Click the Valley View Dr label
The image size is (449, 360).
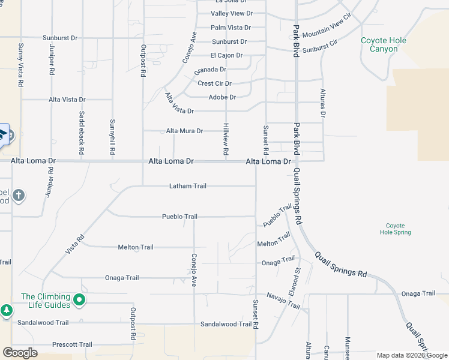pos(232,13)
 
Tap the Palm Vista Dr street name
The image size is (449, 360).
pos(231,28)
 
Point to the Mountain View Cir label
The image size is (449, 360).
pos(327,28)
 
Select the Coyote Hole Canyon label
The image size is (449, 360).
pos(384,44)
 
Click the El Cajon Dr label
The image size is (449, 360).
pos(226,56)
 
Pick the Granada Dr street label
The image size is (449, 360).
pos(210,70)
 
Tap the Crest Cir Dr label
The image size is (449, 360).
pos(214,83)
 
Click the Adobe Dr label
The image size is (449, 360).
pos(222,97)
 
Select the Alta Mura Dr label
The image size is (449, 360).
pos(184,131)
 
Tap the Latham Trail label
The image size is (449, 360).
pos(187,186)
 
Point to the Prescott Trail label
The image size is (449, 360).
pos(72,344)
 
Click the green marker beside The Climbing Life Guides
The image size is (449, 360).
pos(79,299)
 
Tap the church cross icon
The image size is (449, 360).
pos(19,195)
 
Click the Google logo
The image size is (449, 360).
pos(20,352)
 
